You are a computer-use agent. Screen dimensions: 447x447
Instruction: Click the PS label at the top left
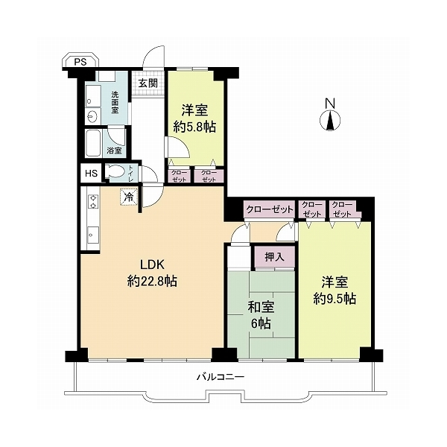tap(80, 62)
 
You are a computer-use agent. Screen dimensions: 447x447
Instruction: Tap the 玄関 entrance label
tap(148, 83)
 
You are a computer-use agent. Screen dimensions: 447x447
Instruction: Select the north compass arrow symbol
tap(330, 121)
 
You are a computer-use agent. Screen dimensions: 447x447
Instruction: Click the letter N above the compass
tap(330, 103)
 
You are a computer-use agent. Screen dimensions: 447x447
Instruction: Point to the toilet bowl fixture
tap(115, 172)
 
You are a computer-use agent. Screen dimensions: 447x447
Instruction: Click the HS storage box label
tap(92, 173)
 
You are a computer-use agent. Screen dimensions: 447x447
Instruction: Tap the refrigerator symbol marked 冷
tap(130, 197)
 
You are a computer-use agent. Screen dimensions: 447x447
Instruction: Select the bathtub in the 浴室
tap(93, 143)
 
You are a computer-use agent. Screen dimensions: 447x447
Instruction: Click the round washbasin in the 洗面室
tap(92, 116)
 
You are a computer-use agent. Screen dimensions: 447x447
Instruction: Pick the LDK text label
tap(152, 264)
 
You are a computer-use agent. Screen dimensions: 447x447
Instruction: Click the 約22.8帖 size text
tap(152, 282)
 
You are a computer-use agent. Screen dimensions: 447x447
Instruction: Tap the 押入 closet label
tap(274, 257)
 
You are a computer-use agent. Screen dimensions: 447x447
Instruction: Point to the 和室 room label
tap(261, 307)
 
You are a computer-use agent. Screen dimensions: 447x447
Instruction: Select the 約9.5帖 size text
tap(335, 299)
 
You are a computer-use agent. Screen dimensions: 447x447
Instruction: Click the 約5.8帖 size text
tap(194, 127)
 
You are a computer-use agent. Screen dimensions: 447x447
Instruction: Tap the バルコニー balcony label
tap(221, 377)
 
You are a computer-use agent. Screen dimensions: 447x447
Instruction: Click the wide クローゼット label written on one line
tap(270, 209)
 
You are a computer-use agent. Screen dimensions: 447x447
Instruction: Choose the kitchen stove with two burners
tap(93, 201)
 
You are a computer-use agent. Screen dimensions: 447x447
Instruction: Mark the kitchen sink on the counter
tap(93, 235)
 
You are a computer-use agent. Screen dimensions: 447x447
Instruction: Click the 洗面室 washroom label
tap(115, 102)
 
